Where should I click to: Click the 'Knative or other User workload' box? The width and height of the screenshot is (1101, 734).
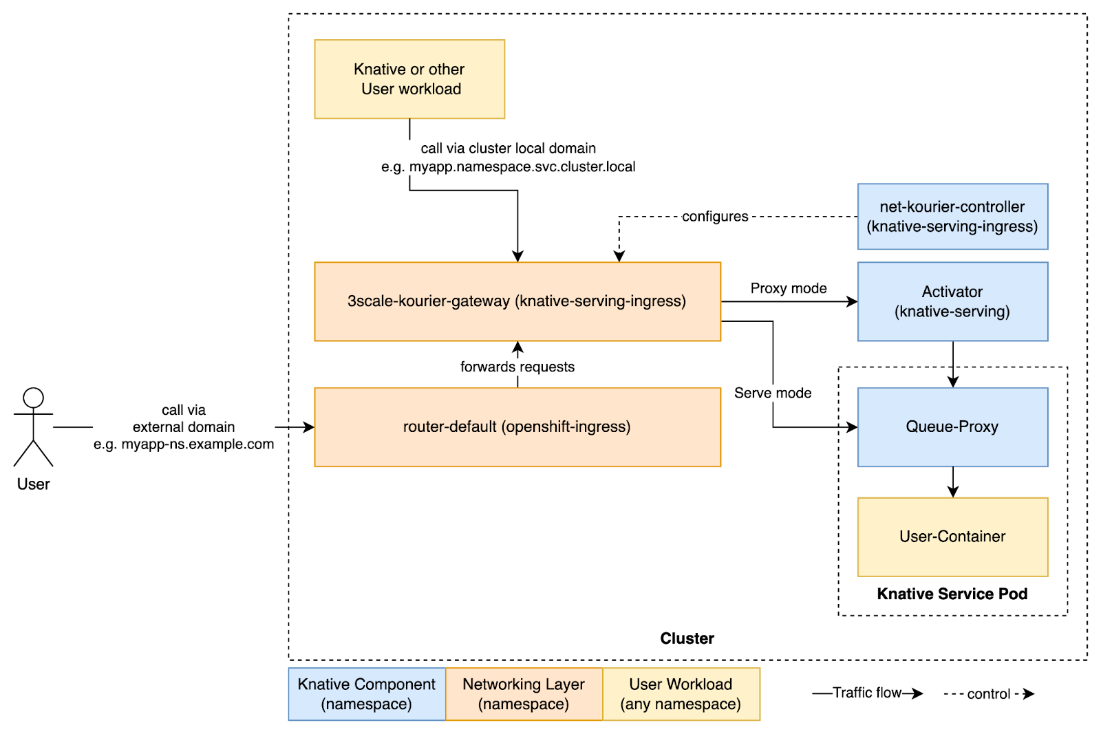409,79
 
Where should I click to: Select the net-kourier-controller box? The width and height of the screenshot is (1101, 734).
952,217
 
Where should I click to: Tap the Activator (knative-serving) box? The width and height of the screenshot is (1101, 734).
952,301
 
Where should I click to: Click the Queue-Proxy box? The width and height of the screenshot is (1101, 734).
952,427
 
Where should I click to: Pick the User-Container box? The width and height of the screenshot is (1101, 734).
952,537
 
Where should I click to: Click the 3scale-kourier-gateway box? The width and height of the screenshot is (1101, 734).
517,301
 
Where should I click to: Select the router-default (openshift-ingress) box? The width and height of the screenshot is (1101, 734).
517,427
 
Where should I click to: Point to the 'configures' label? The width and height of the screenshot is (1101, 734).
715,217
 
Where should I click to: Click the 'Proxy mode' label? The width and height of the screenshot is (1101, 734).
789,288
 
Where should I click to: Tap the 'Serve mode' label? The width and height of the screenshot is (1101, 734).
773,393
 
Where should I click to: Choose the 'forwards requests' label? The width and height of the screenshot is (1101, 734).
517,367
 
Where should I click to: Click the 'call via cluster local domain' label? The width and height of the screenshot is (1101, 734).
508,149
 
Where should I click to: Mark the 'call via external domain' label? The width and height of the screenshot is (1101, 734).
184,427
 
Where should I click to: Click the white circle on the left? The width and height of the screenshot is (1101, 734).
34,398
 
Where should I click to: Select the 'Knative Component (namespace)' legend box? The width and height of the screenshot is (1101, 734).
366,694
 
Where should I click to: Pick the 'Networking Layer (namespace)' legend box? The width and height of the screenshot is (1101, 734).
524,694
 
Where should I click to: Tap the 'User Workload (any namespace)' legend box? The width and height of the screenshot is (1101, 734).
681,694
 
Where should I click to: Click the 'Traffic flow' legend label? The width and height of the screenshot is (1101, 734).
867,693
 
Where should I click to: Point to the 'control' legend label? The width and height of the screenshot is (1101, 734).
988,693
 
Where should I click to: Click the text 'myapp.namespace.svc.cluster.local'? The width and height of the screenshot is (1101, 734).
522,167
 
